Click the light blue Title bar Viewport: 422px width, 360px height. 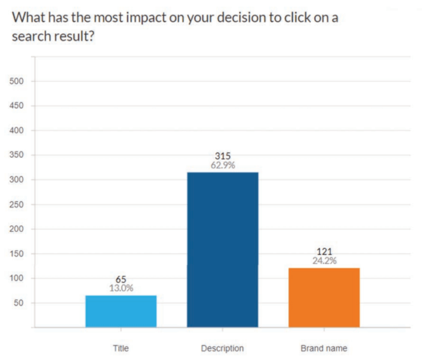(x=121, y=311)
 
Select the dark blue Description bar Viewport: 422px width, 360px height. (x=222, y=250)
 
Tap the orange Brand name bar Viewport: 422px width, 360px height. (x=324, y=298)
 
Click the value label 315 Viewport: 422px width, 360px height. (x=222, y=157)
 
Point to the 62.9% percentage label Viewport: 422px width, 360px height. (x=222, y=166)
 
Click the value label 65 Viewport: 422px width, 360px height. (x=121, y=280)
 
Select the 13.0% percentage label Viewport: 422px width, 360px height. (x=121, y=289)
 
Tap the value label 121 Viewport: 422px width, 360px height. (x=324, y=252)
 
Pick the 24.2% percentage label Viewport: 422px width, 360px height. (x=324, y=261)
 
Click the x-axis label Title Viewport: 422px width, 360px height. (x=121, y=348)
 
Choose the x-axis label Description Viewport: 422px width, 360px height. (x=222, y=348)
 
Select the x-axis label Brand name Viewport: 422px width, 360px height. (x=324, y=348)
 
